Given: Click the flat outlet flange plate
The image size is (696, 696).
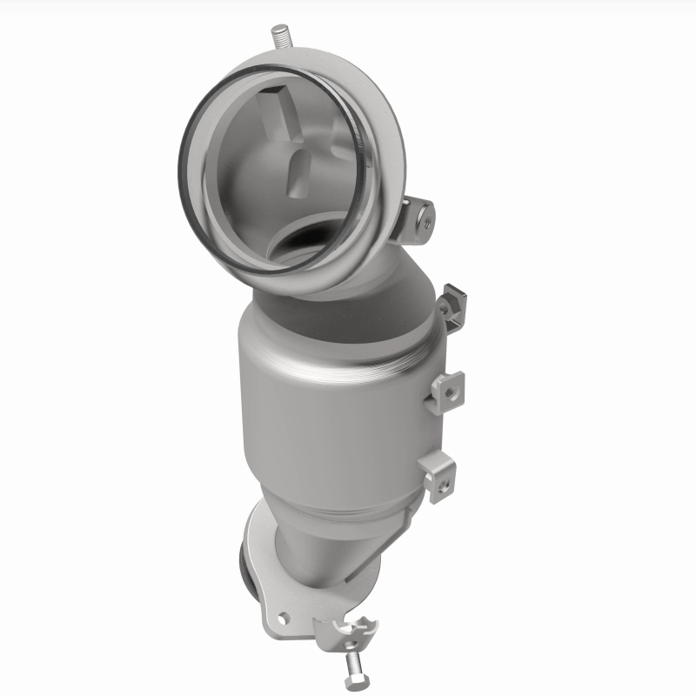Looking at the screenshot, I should (x=261, y=592).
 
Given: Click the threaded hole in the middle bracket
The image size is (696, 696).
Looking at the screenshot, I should (x=450, y=392).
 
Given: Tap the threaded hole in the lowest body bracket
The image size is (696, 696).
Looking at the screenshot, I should (x=444, y=475).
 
